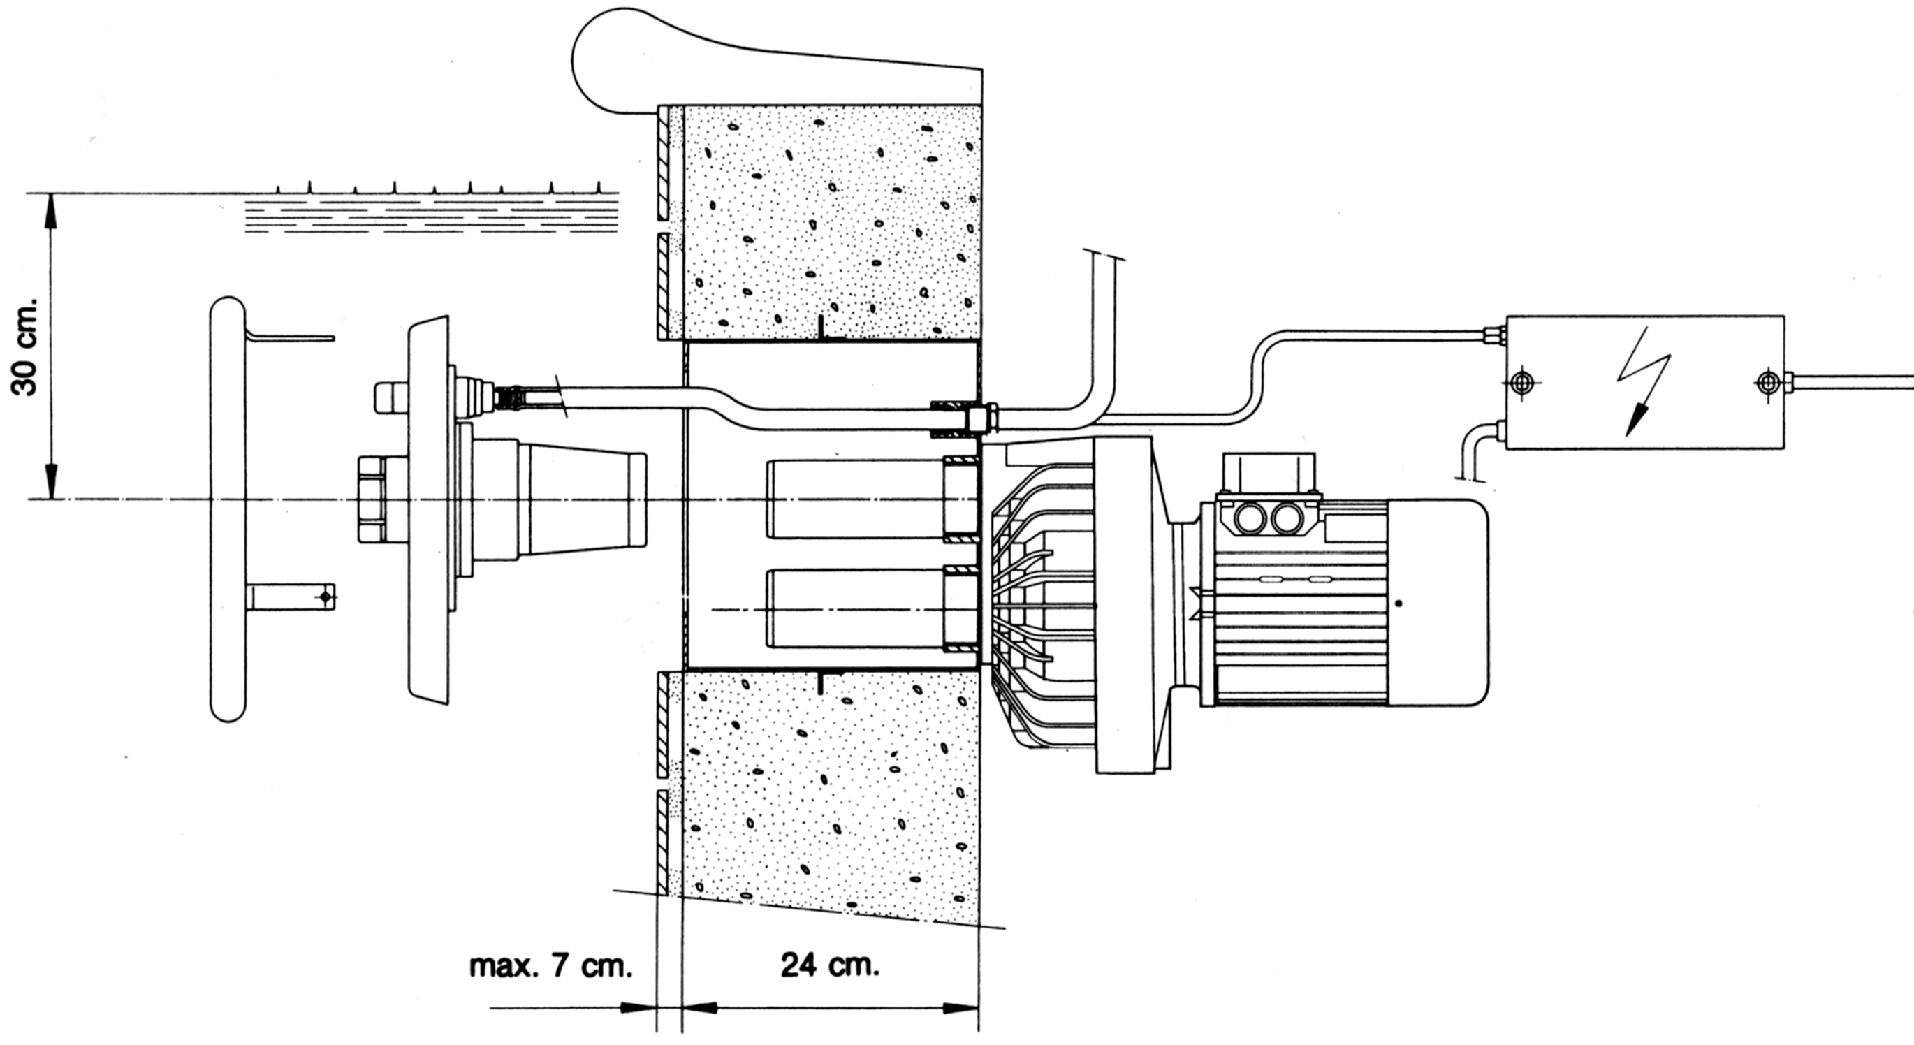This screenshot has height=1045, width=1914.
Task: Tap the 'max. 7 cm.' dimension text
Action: point(550,967)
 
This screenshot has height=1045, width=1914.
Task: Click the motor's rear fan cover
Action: point(1438,602)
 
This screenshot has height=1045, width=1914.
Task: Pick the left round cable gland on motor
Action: point(1248,518)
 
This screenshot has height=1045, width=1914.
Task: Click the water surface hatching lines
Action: point(431,216)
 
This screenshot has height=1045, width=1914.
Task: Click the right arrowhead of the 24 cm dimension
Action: point(962,1009)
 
